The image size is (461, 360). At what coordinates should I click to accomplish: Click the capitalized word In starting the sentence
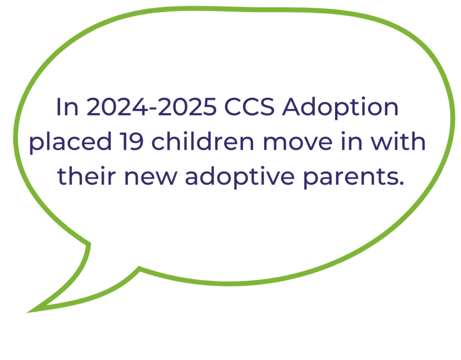67,108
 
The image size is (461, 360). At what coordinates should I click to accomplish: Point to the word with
397,142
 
